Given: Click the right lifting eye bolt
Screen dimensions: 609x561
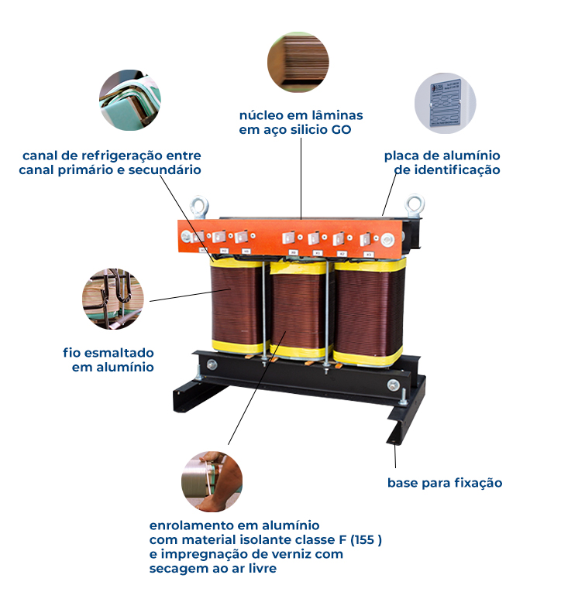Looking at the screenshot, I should pyautogui.click(x=415, y=205).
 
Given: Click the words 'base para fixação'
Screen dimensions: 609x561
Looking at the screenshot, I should pyautogui.click(x=445, y=483).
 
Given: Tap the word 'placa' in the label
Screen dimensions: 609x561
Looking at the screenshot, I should pyautogui.click(x=403, y=156).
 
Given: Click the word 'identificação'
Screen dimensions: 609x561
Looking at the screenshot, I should pyautogui.click(x=460, y=169).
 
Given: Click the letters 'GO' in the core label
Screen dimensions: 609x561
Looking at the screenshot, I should pyautogui.click(x=342, y=130).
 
